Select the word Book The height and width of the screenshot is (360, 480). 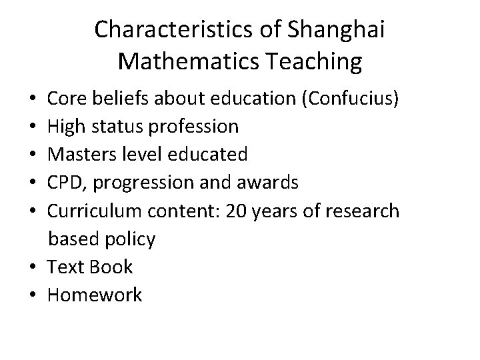111,267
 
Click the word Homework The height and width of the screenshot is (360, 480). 94,295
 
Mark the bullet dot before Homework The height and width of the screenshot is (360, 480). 33,295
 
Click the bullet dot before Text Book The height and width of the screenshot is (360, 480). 33,267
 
